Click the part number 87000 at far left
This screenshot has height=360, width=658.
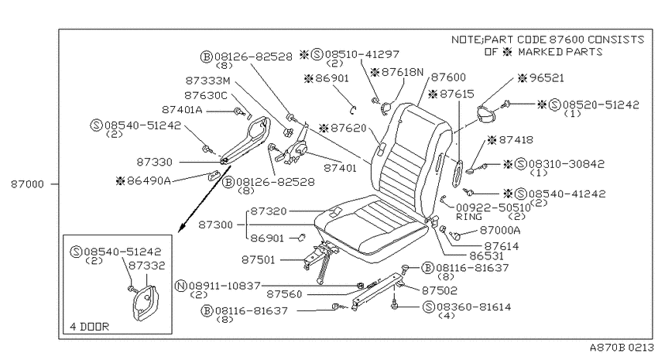click(x=27, y=184)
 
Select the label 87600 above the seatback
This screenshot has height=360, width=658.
click(x=448, y=77)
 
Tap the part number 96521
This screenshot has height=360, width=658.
click(x=547, y=78)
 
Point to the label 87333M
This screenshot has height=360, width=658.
click(x=207, y=81)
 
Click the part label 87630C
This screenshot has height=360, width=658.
click(x=206, y=96)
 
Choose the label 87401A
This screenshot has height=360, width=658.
click(x=182, y=110)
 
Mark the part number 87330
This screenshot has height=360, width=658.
click(x=154, y=162)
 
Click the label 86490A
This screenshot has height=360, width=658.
click(x=149, y=181)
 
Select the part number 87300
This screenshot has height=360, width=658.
click(x=216, y=225)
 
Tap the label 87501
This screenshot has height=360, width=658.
click(x=259, y=260)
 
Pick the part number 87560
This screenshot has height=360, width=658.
click(x=284, y=294)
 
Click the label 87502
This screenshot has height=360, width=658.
click(x=440, y=290)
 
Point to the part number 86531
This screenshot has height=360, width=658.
click(x=486, y=255)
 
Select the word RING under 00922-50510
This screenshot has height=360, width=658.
click(x=469, y=217)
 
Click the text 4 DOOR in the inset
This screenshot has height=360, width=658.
click(x=89, y=327)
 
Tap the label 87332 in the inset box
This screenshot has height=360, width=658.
click(x=146, y=266)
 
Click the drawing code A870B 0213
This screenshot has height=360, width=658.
click(x=622, y=348)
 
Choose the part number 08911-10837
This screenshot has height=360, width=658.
click(x=224, y=286)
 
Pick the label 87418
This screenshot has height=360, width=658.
click(x=516, y=139)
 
